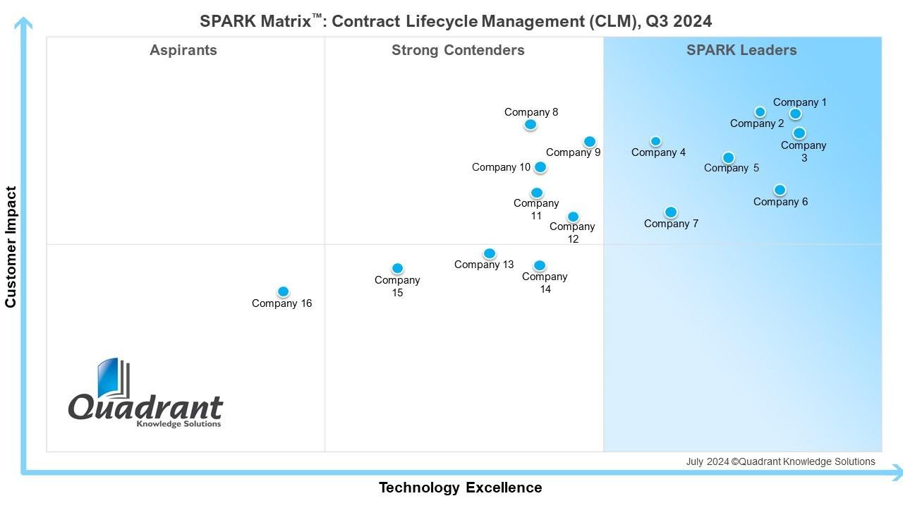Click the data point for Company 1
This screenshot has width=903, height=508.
click(795, 114)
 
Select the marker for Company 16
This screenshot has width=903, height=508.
click(283, 291)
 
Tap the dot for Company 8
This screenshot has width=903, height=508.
click(531, 125)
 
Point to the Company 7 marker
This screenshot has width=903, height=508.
click(671, 212)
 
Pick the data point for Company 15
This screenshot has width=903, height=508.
click(397, 268)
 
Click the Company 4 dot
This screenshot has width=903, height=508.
click(655, 141)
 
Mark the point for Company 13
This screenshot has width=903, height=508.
click(490, 253)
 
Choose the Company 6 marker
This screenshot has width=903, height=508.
click(780, 190)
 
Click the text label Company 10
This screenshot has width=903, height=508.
click(501, 167)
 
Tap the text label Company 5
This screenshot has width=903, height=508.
click(732, 168)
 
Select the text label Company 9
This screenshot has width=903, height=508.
click(573, 152)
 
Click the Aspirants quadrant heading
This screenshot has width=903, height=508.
click(183, 50)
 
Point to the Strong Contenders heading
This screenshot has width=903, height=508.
click(458, 50)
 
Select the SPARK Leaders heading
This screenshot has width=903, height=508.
click(741, 50)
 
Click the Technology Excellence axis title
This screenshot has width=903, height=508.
click(460, 488)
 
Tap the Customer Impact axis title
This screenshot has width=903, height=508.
click(11, 247)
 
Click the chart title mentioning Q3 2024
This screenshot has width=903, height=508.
click(456, 21)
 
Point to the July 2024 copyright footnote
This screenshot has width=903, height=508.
click(780, 461)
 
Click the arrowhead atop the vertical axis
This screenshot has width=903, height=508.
click(24, 23)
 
